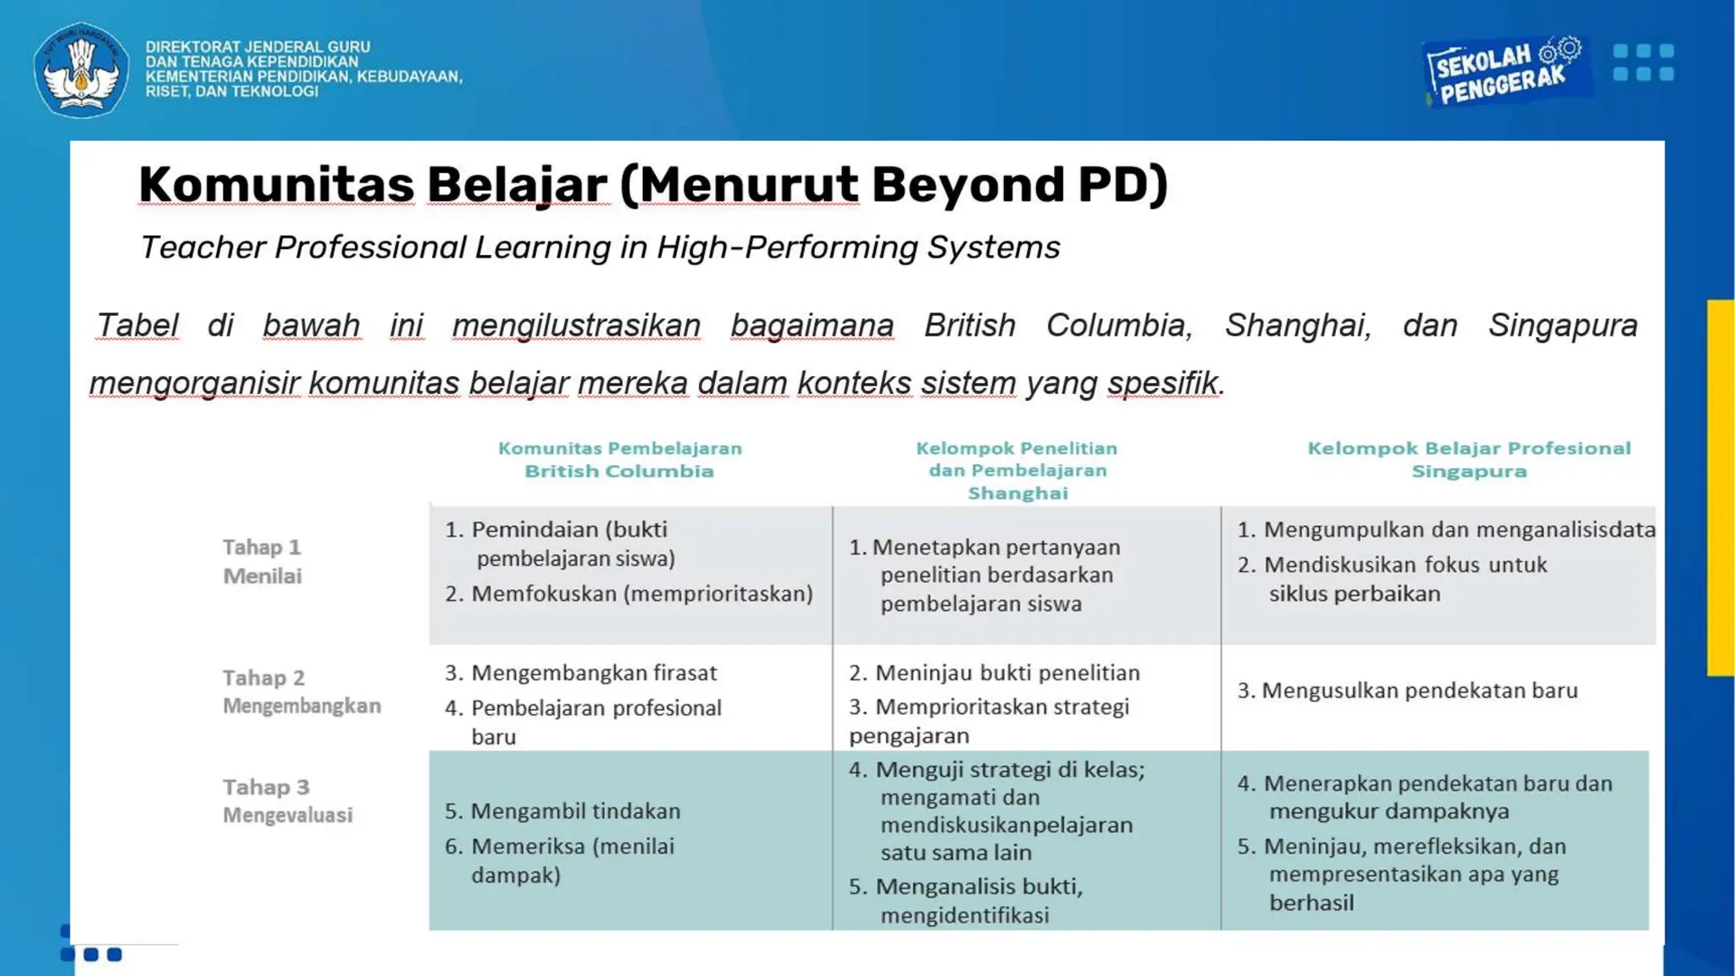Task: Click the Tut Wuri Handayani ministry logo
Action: (x=81, y=69)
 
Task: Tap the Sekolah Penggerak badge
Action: (x=1502, y=71)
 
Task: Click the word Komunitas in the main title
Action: (x=276, y=184)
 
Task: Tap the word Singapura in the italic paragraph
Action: (x=1563, y=325)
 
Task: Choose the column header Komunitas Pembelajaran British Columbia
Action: (x=619, y=459)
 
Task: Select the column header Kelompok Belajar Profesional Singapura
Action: (x=1468, y=459)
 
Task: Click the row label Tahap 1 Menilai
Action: (x=262, y=561)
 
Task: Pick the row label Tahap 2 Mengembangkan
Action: (x=301, y=691)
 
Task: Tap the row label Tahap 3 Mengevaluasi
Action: (x=287, y=801)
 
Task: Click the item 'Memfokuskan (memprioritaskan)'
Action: (x=641, y=594)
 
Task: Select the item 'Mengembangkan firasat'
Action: (x=593, y=673)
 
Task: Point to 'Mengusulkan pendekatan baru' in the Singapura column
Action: (x=1419, y=690)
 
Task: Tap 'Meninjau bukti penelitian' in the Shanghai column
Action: (x=1006, y=673)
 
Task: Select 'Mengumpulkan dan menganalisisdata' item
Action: (x=1458, y=530)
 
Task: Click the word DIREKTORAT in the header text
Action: (x=192, y=47)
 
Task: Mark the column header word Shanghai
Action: (x=1017, y=493)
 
